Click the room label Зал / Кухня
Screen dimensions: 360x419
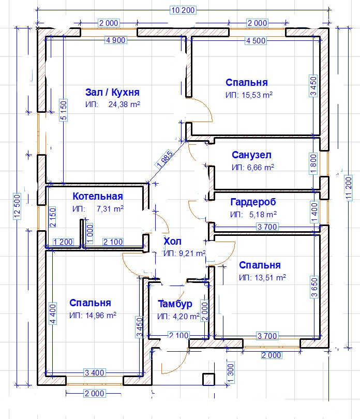(112, 92)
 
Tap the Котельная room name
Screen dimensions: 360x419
(98, 196)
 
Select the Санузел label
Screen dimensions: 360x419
(251, 155)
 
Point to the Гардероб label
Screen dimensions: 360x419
(253, 202)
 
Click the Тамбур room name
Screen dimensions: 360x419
(175, 304)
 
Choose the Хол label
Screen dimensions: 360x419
(172, 241)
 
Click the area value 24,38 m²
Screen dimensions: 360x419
(124, 104)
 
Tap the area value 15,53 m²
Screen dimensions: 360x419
(257, 95)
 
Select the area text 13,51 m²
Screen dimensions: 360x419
(270, 278)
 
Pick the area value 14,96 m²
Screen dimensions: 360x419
(101, 316)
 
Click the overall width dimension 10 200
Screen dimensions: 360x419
(183, 10)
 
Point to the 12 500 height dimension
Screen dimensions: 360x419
(17, 206)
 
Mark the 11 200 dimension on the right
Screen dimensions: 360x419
(349, 188)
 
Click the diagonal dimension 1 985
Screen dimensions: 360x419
(165, 159)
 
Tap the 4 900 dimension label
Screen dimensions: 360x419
(116, 40)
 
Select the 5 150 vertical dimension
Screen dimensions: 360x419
(64, 110)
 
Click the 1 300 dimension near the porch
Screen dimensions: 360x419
(230, 372)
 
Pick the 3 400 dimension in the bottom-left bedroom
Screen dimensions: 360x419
(94, 372)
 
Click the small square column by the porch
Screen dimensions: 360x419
(208, 380)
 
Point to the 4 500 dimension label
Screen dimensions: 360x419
(256, 41)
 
